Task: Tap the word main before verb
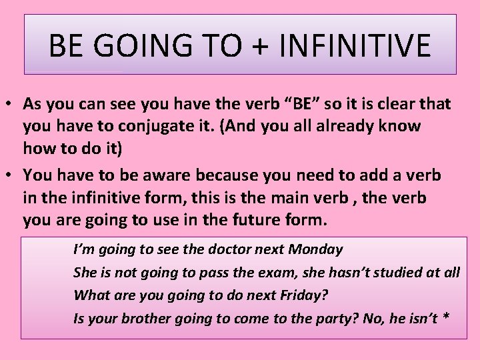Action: pyautogui.click(x=328, y=199)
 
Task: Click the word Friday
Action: pyautogui.click(x=300, y=295)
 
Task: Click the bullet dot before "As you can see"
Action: pyautogui.click(x=12, y=105)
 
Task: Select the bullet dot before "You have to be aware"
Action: pyautogui.click(x=12, y=176)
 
